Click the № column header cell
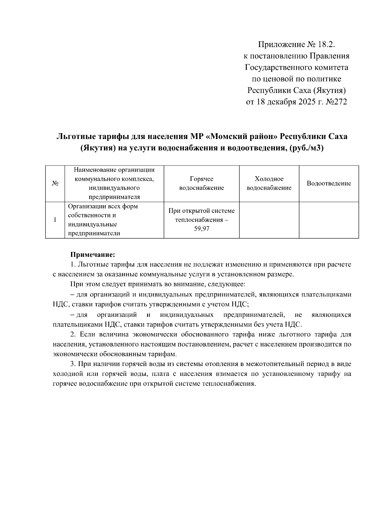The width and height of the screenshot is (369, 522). tap(55, 184)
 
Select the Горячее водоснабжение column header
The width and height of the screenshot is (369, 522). tap(201, 184)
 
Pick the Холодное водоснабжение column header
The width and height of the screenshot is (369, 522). tap(269, 184)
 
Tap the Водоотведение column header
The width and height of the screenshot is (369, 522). tap(329, 184)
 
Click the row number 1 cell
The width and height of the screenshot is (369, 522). tap(55, 220)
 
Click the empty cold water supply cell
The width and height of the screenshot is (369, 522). tap(269, 220)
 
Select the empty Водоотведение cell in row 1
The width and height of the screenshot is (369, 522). tap(329, 220)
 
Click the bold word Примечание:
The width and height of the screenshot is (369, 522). tap(93, 255)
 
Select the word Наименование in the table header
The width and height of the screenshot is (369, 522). tap(94, 170)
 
